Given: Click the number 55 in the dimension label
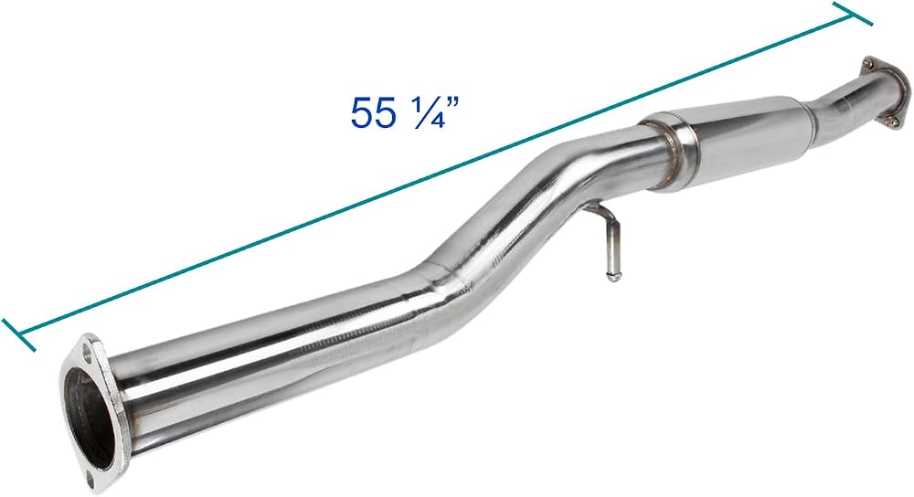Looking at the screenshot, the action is coord(373,111).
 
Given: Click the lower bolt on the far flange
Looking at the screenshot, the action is coord(892,121).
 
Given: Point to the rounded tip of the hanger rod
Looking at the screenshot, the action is coord(612,277).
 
